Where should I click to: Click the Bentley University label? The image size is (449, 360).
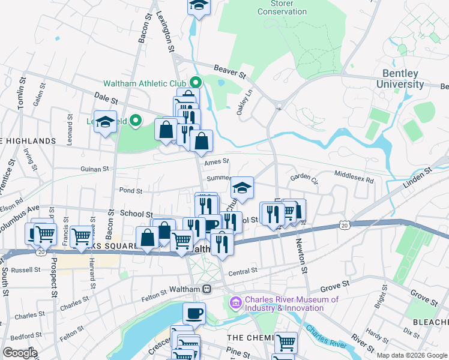pos(400,79)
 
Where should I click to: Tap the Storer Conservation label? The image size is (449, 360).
pos(282,7)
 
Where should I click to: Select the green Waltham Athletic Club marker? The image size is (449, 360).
pos(196,83)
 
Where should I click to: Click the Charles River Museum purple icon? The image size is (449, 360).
pos(235,304)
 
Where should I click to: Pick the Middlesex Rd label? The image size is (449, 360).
pos(354,179)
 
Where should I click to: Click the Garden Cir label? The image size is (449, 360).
pos(303,178)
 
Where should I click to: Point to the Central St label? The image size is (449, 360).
pos(243,271)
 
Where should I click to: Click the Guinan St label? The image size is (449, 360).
pos(94,170)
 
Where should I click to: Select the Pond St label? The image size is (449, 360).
pos(131,191)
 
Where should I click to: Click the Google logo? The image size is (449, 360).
pos(19,353)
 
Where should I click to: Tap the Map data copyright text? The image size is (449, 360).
pos(412,355)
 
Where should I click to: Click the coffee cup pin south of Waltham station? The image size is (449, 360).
pos(194,313)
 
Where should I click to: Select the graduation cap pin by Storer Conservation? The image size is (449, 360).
pos(199,6)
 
